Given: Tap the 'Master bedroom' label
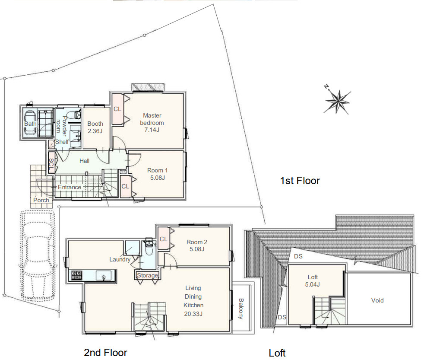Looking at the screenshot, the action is click(152, 119).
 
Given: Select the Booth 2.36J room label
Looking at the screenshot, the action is click(95, 127).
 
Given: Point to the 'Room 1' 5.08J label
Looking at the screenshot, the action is click(157, 174).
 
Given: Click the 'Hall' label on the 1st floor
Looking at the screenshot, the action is click(84, 161).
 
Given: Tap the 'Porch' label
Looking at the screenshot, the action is click(41, 200).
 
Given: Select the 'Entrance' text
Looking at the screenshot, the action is click(70, 187).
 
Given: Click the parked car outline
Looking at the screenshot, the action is click(38, 256).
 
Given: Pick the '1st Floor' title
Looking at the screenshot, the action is click(300, 181).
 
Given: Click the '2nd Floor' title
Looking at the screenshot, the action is click(105, 353).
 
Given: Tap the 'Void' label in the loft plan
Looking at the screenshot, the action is click(377, 300).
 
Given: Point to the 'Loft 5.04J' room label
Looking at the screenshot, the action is click(313, 280).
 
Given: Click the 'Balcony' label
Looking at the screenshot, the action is click(241, 309).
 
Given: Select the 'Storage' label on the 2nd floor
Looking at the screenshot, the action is click(147, 276).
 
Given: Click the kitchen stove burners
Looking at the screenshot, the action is click(76, 275).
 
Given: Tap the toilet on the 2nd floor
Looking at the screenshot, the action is click(149, 247).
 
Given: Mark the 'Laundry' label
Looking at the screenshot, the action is click(120, 259).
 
